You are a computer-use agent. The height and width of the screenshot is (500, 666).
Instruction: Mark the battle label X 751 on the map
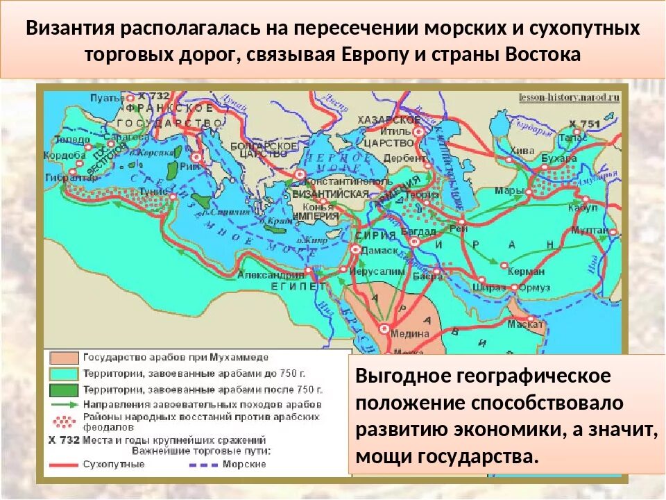[x=584, y=123]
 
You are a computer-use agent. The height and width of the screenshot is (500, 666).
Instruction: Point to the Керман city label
[x=526, y=272]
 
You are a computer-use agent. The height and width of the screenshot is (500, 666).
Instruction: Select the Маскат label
[x=524, y=324]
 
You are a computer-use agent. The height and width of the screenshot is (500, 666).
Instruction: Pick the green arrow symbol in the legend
[x=64, y=404]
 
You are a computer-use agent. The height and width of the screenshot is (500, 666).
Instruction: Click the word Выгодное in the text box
[x=401, y=376]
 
